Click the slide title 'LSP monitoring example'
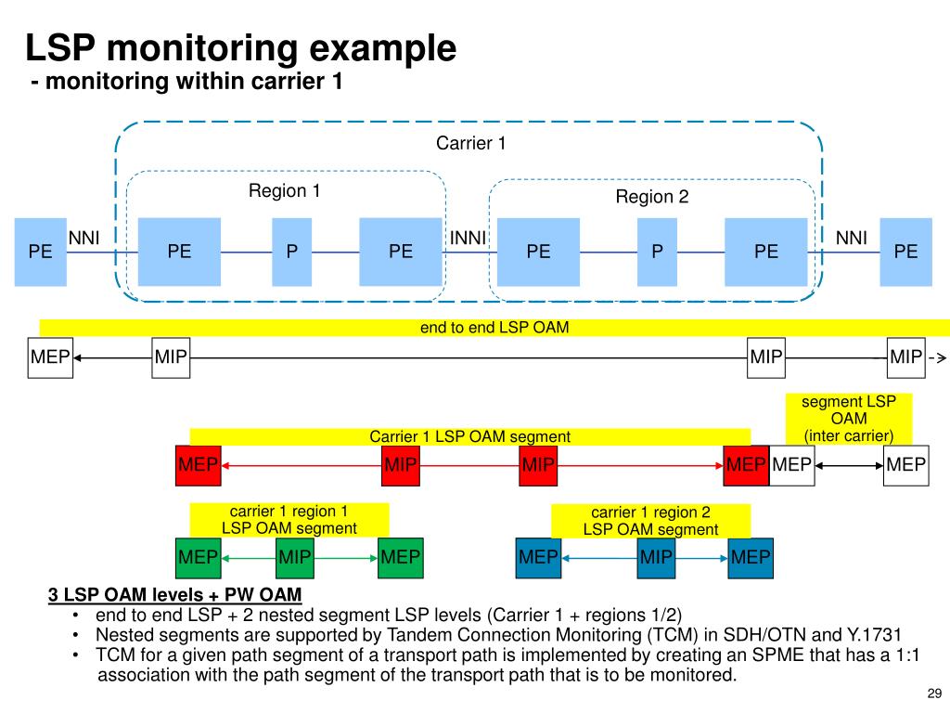click(x=240, y=47)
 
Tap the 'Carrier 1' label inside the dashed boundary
click(x=470, y=143)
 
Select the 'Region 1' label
click(x=284, y=190)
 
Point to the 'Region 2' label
click(x=652, y=197)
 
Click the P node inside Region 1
click(x=292, y=252)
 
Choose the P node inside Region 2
click(x=658, y=252)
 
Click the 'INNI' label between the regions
click(x=468, y=238)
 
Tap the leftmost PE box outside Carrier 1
click(x=41, y=252)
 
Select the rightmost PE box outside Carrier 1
click(x=905, y=252)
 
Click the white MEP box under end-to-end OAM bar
click(x=50, y=357)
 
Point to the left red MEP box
click(x=199, y=466)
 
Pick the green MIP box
click(x=294, y=558)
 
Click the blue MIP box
click(x=656, y=558)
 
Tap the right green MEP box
click(x=401, y=558)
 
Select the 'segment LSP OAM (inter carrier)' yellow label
click(x=849, y=419)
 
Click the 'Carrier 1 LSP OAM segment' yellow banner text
click(x=470, y=436)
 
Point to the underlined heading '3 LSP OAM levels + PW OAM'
click(x=174, y=595)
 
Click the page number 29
click(x=934, y=694)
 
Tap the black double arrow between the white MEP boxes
click(x=849, y=466)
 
